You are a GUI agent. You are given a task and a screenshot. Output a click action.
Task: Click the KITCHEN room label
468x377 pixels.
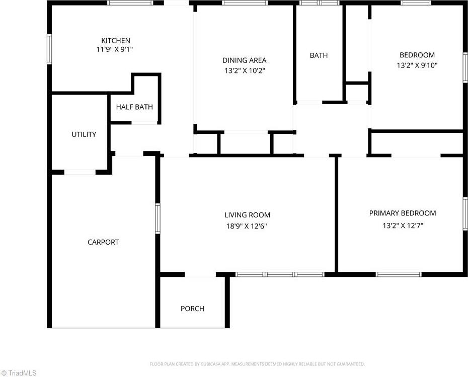(x=116, y=41)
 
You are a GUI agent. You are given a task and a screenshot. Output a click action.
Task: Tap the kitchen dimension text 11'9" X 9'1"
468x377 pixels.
(x=115, y=49)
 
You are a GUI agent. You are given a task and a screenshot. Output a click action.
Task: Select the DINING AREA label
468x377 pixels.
(x=244, y=60)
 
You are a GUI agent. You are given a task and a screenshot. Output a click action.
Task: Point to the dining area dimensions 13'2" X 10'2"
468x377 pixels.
(x=245, y=71)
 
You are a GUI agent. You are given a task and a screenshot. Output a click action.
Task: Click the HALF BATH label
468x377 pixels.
(x=134, y=107)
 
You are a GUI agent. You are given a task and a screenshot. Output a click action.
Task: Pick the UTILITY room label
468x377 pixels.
(x=84, y=134)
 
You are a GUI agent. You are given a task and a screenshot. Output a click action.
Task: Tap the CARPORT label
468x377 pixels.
(x=103, y=242)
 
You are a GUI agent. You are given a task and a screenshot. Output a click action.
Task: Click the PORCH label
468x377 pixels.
(x=193, y=309)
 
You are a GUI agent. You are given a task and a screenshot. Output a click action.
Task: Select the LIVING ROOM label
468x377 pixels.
(x=248, y=215)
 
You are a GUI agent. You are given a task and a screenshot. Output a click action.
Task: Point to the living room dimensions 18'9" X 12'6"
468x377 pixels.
(x=247, y=226)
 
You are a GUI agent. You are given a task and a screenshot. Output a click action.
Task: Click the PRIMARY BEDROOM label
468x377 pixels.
(x=403, y=213)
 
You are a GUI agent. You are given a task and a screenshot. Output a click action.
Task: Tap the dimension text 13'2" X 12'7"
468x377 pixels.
(x=403, y=225)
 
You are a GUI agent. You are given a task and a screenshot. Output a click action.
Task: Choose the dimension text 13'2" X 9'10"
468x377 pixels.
(x=417, y=65)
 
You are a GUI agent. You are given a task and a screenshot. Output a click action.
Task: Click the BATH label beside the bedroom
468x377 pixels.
(x=319, y=55)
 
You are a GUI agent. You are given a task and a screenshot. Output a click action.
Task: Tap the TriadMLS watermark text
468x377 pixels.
(x=19, y=373)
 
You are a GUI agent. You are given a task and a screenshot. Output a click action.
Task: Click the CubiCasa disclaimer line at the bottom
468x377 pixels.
(x=257, y=364)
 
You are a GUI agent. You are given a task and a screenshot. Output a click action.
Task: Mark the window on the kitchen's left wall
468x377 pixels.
(x=49, y=49)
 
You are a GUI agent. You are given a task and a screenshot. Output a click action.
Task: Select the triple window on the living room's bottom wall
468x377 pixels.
(x=280, y=274)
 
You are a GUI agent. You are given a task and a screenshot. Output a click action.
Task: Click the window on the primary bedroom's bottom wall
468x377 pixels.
(x=399, y=274)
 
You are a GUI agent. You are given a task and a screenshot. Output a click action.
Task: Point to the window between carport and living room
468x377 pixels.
(x=158, y=218)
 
